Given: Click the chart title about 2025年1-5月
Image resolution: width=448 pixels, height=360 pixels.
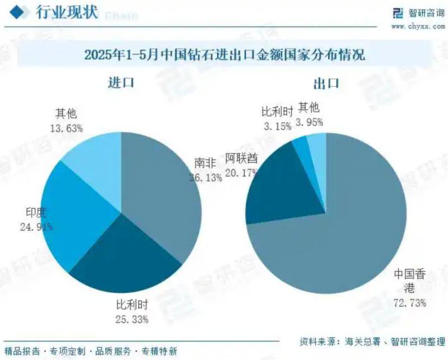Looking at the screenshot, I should [x=224, y=55].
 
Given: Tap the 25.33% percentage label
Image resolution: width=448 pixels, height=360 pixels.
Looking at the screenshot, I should [x=132, y=320].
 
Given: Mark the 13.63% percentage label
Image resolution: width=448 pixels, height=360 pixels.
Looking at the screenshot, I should [x=66, y=128].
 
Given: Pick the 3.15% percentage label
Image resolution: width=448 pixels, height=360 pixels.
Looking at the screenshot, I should [x=277, y=127].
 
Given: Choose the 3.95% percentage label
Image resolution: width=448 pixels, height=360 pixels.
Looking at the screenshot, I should [x=310, y=121].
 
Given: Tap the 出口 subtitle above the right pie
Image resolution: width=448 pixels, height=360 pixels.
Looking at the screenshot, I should [x=326, y=84].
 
